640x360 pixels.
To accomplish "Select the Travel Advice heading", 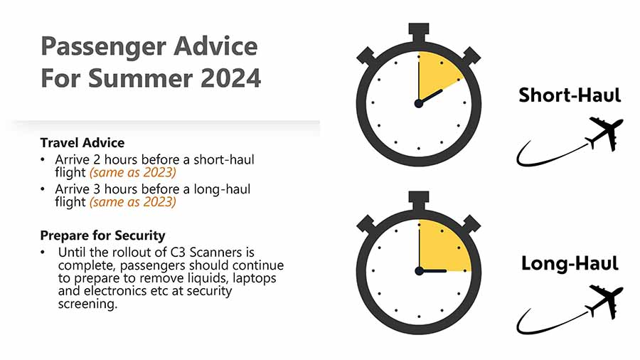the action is point(82,143).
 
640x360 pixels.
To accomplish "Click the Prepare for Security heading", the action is point(103,235).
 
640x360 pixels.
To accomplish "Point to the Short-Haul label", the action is point(570,95).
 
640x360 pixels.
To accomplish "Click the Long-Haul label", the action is point(570,263).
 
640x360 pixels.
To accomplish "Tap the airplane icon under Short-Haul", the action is point(604,133).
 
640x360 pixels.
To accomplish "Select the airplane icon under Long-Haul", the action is point(604,301).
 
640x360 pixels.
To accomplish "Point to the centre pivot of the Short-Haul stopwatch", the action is point(419,103).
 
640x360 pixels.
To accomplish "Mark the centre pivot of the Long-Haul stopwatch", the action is point(419,271).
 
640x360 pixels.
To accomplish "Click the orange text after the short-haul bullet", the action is point(133,173).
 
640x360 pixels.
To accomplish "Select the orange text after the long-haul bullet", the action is point(133,202).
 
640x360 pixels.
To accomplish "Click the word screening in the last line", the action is point(87,305).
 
